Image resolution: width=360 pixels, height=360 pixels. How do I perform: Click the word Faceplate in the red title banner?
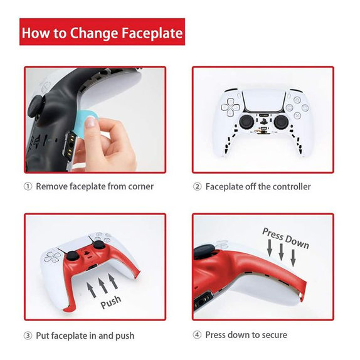point(152,33)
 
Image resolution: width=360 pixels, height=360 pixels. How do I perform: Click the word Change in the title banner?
point(94,33)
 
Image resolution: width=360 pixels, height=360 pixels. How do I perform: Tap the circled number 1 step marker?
point(28,187)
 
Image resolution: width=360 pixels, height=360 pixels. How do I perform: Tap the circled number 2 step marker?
point(197,187)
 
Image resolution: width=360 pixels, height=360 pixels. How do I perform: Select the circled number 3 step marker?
point(28,336)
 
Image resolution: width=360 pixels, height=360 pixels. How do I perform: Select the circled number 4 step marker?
point(197,335)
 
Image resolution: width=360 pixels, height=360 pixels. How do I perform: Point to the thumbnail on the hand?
point(90,122)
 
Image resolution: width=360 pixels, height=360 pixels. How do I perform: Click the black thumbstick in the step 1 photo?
point(38,108)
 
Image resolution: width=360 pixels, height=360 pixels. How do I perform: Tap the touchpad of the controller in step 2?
point(263,101)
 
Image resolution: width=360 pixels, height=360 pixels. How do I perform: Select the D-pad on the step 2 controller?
point(231,107)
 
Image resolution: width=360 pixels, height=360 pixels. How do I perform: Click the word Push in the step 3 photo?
point(111,302)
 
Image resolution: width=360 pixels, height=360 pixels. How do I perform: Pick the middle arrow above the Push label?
point(102,285)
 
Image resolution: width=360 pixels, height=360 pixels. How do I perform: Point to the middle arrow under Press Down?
point(281,251)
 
